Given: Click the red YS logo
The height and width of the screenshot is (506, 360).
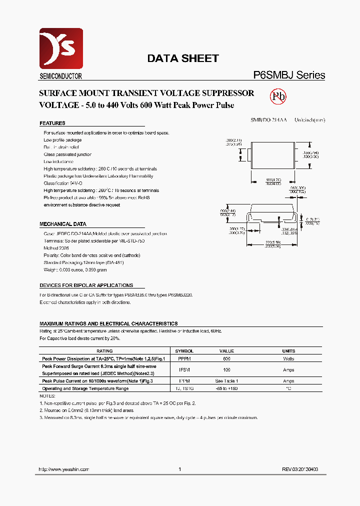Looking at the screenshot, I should pyautogui.click(x=61, y=48).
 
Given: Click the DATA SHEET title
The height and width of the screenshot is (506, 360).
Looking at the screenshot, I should pyautogui.click(x=182, y=58).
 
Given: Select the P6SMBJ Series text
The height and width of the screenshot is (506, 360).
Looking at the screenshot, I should pyautogui.click(x=289, y=75).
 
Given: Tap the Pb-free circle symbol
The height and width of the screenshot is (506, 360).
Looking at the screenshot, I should pyautogui.click(x=278, y=96).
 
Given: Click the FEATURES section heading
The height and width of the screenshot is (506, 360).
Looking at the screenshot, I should pyautogui.click(x=52, y=123).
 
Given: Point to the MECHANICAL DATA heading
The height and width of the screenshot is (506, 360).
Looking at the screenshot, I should pyautogui.click(x=63, y=224).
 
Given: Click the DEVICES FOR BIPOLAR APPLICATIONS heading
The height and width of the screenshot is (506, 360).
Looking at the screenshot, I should pyautogui.click(x=86, y=285).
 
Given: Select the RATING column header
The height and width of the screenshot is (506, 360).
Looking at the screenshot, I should pyautogui.click(x=104, y=351).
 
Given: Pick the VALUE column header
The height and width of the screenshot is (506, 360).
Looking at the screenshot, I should pyautogui.click(x=226, y=351).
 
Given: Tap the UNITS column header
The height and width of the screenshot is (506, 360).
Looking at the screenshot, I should pyautogui.click(x=288, y=351).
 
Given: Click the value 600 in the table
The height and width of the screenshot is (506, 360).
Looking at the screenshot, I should pyautogui.click(x=226, y=358).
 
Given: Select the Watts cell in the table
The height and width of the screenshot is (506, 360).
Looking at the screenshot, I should pyautogui.click(x=288, y=358).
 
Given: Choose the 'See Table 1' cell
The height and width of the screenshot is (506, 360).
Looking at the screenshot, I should pyautogui.click(x=226, y=381).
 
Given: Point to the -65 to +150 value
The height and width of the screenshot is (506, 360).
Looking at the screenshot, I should pyautogui.click(x=226, y=388).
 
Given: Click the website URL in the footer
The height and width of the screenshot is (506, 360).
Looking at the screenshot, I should pyautogui.click(x=64, y=469).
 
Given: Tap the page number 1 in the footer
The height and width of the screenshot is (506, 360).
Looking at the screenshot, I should pyautogui.click(x=179, y=469).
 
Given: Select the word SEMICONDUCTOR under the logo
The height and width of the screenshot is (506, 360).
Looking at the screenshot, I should pyautogui.click(x=60, y=76).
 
